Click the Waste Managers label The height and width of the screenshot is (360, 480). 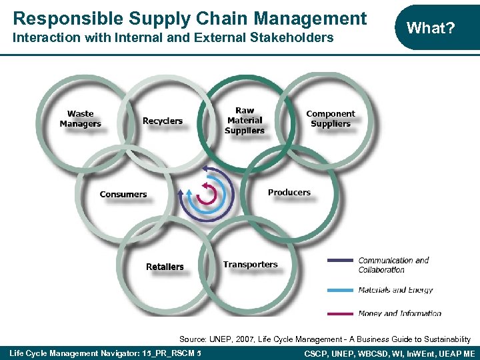81,119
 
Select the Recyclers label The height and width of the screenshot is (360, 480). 163,121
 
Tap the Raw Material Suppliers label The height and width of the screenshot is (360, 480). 245,121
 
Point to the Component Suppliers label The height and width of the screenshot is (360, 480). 331,119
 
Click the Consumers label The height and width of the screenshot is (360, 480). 123,195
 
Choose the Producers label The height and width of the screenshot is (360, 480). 289,193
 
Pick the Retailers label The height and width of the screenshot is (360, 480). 165,267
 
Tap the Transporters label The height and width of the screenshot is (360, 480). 251,265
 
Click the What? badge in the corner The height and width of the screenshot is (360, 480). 431,28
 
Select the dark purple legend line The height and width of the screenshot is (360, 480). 340,260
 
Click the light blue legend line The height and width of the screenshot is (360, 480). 340,290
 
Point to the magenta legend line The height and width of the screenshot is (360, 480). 340,313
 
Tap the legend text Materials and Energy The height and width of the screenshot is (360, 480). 396,290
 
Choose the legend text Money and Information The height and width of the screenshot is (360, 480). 400,313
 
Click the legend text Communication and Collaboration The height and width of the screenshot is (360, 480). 393,265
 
